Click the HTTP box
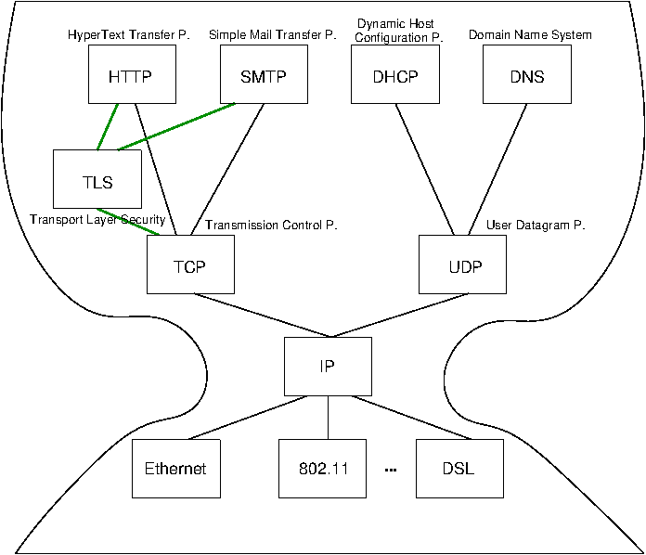coord(132,75)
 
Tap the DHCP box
coord(395,75)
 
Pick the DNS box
coord(527,75)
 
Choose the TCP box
coord(190,265)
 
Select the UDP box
coord(462,265)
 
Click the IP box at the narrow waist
coord(328,366)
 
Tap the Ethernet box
coord(175,468)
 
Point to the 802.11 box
coord(323,468)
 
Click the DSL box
coord(459,468)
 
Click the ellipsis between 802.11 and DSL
coord(391,470)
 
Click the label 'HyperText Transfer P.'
coord(128,35)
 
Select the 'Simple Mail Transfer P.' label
coord(272,35)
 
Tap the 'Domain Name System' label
coord(530,35)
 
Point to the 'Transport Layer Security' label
coord(97,220)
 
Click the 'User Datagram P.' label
coord(536,226)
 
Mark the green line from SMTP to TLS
coord(176,125)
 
